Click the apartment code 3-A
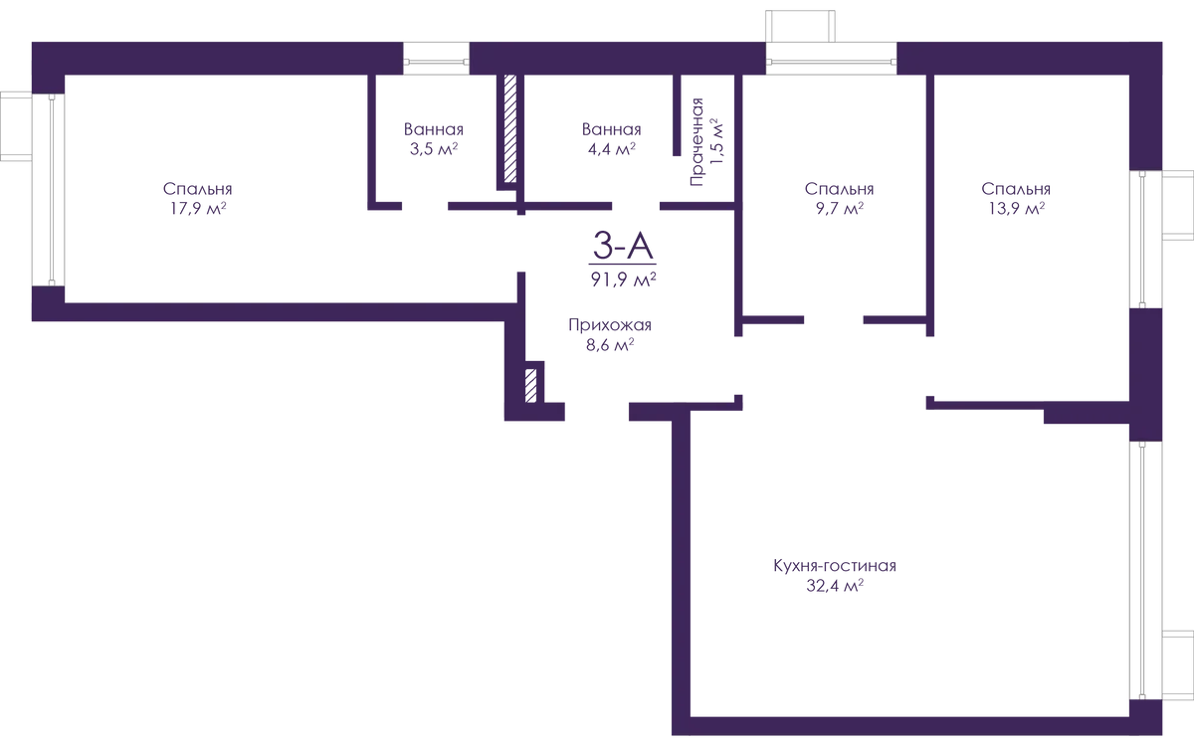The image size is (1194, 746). pyautogui.click(x=623, y=247)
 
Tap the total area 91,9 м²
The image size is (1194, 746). pyautogui.click(x=623, y=279)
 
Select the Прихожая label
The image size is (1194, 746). pyautogui.click(x=610, y=325)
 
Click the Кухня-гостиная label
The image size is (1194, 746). pyautogui.click(x=835, y=565)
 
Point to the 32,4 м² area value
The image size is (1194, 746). pyautogui.click(x=835, y=586)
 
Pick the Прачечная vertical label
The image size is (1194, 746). pyautogui.click(x=696, y=141)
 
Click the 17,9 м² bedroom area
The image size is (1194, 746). pyautogui.click(x=198, y=208)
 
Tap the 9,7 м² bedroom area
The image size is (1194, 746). pyautogui.click(x=840, y=208)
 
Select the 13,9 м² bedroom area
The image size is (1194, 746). pyautogui.click(x=1017, y=208)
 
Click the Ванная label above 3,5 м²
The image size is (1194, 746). pyautogui.click(x=434, y=129)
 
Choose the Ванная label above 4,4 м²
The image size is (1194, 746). pyautogui.click(x=611, y=129)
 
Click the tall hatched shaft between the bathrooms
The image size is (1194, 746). pyautogui.click(x=510, y=129)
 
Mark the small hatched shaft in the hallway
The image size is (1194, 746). pyautogui.click(x=531, y=385)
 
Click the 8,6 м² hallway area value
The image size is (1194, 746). pyautogui.click(x=610, y=345)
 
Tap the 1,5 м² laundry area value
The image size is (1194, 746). pyautogui.click(x=718, y=141)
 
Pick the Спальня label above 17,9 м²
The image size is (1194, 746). pyautogui.click(x=198, y=189)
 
